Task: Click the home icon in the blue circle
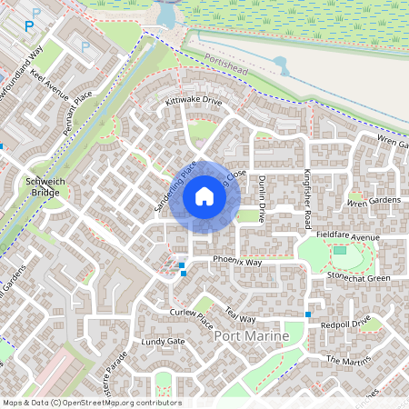[x=204, y=196]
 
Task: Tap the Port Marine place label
[x=250, y=336]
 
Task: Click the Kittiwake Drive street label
[x=193, y=101]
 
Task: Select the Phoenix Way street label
[x=237, y=262]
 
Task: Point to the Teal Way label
[x=240, y=316]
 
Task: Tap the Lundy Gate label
[x=164, y=342]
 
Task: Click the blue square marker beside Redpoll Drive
[x=308, y=314]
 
